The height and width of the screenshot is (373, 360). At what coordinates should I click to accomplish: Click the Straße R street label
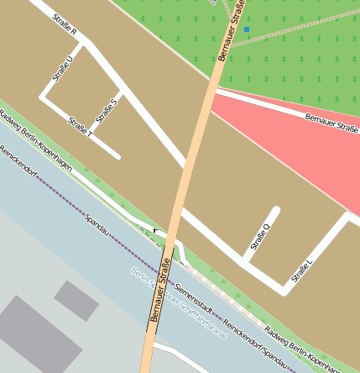65,26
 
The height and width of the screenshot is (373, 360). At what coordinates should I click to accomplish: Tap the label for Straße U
62,64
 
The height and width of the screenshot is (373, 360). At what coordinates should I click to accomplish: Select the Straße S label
107,108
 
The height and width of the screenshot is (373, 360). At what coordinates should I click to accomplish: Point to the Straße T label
81,126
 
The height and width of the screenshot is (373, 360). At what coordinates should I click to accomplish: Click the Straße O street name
261,237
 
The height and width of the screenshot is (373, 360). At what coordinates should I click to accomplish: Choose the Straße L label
302,270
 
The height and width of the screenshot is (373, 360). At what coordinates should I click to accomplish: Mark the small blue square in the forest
247,29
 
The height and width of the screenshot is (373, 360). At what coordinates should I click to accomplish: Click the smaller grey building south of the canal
76,300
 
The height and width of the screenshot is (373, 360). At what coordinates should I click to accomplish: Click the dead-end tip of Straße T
117,155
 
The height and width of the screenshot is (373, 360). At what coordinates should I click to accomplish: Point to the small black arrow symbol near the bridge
154,229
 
